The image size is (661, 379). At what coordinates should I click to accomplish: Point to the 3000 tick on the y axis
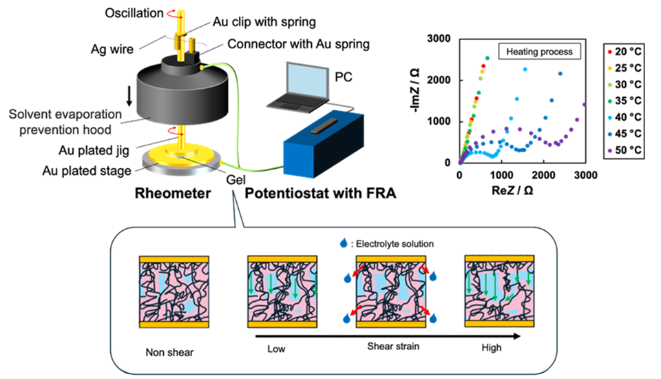pos(442,39)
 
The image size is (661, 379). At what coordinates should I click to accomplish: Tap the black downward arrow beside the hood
pos(129,98)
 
